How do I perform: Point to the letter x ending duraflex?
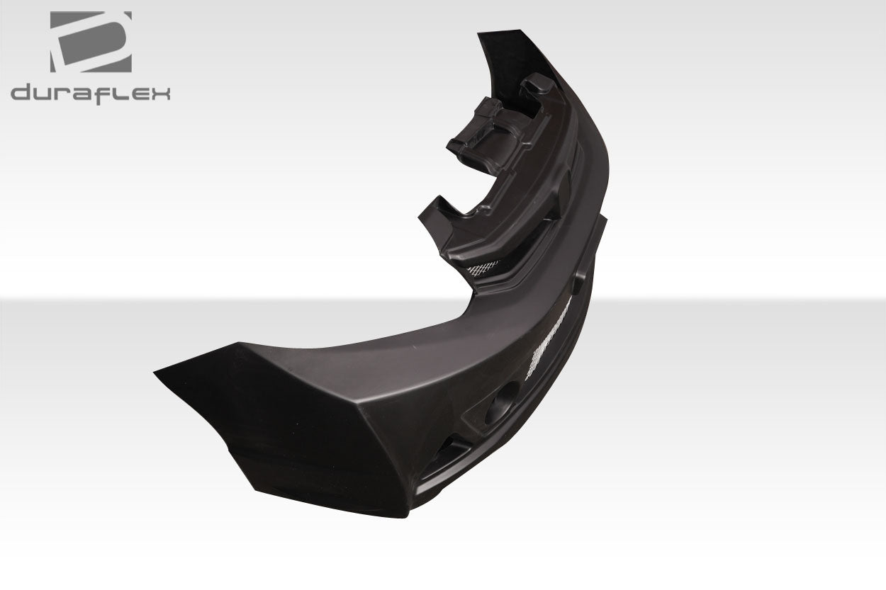coord(160,93)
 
